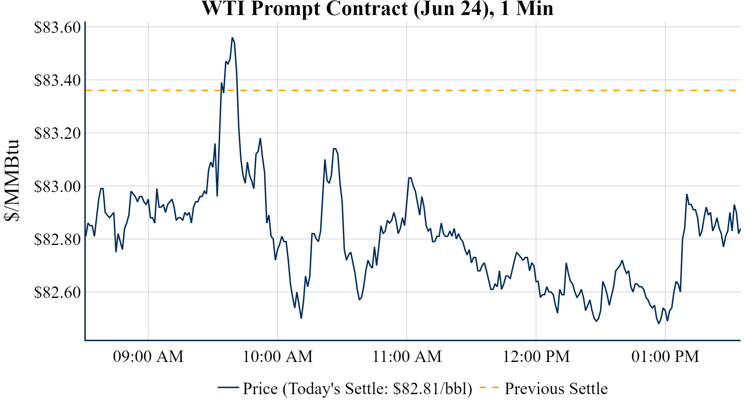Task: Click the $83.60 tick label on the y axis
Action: [x=57, y=28]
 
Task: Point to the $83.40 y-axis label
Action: [x=57, y=80]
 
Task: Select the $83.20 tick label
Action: [x=57, y=133]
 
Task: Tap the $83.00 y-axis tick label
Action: [x=57, y=186]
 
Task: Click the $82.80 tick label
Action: [x=57, y=239]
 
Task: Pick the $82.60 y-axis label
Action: [x=57, y=292]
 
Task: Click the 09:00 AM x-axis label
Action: [x=148, y=357]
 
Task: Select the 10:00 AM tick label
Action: [x=278, y=357]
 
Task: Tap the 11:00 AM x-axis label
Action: [x=407, y=357]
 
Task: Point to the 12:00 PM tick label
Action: [x=536, y=357]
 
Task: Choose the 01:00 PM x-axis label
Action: [x=665, y=357]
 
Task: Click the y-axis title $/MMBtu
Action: [x=11, y=181]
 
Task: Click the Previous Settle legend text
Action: [x=556, y=389]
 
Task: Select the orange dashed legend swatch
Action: [x=489, y=388]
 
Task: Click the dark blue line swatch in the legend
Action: [x=228, y=388]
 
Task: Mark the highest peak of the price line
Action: [x=232, y=38]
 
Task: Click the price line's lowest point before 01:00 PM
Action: [x=659, y=323]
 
